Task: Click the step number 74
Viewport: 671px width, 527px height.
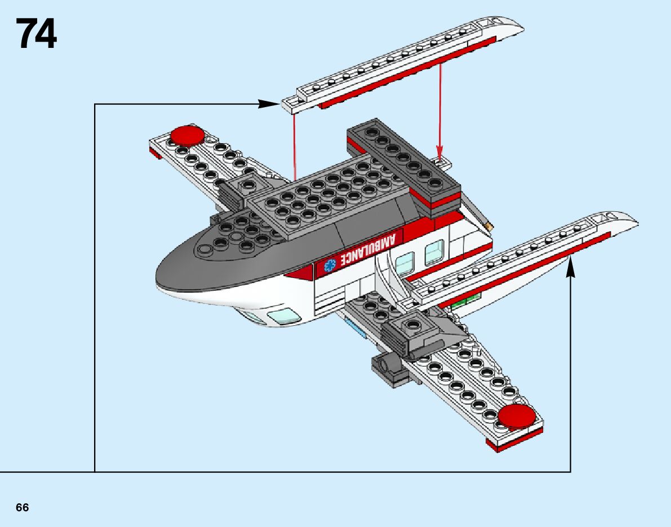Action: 37,34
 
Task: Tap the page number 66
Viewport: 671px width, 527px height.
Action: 23,507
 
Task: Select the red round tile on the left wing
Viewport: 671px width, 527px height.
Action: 188,135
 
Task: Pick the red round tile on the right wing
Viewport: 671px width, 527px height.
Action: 517,416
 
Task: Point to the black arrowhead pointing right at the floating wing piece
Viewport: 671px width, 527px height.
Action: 267,104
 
